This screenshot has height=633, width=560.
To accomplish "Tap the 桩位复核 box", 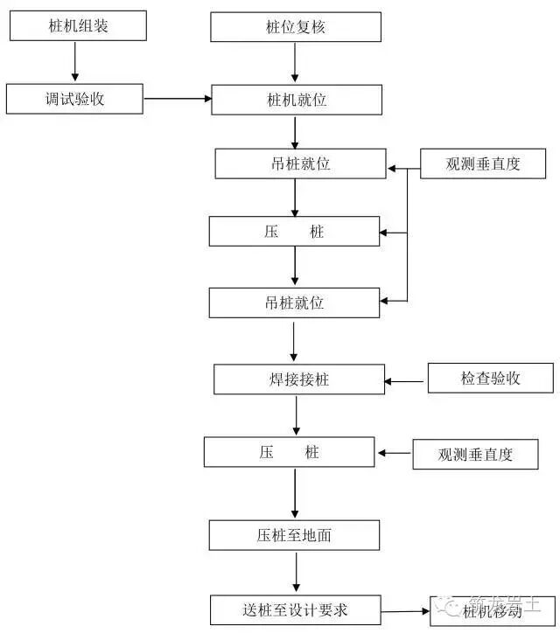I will click(296, 26).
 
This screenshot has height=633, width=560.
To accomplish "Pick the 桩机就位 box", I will click(296, 100).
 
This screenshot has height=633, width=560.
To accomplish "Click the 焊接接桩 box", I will click(299, 380).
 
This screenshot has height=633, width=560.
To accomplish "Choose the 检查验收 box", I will click(490, 379).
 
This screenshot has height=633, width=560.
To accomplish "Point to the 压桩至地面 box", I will click(294, 535).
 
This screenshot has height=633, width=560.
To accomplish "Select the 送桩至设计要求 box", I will click(296, 609).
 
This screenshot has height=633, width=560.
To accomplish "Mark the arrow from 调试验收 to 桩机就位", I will click(177, 99).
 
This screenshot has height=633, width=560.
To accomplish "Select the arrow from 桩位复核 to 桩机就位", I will click(296, 63).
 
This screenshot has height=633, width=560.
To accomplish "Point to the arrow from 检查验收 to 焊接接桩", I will click(406, 380).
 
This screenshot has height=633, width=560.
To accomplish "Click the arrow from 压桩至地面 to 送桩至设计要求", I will click(296, 573).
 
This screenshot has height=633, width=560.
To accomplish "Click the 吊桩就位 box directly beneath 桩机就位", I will click(299, 163).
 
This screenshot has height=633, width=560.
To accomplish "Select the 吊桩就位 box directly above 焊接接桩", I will click(294, 303).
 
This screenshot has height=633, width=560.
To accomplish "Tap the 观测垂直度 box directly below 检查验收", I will click(475, 455).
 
